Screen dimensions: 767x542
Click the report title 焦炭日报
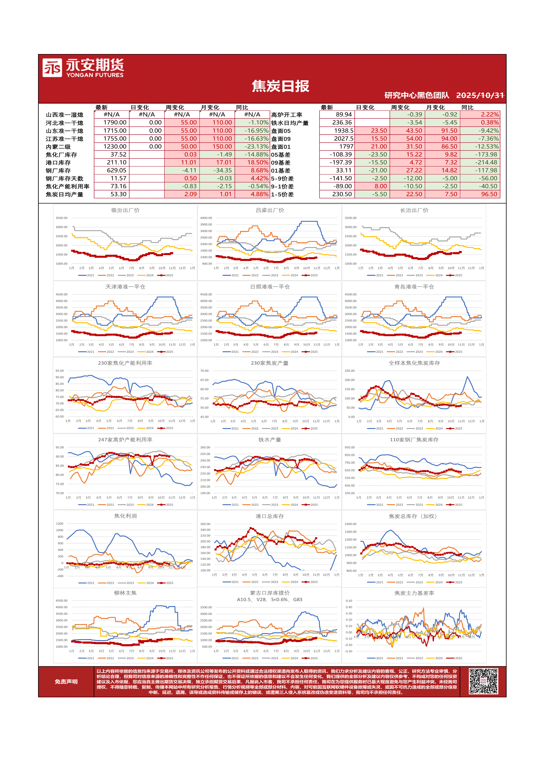click(x=280, y=86)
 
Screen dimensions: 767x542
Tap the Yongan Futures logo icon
click(x=52, y=68)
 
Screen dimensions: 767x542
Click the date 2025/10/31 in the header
click(x=479, y=96)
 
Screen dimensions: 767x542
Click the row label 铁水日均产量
click(x=289, y=123)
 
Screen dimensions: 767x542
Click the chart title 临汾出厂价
click(x=125, y=210)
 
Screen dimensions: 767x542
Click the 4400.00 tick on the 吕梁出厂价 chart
click(x=206, y=218)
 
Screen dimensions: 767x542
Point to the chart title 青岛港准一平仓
click(x=414, y=287)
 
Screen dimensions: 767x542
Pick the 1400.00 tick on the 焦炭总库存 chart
click(x=350, y=524)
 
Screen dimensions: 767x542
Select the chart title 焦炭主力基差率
click(x=414, y=593)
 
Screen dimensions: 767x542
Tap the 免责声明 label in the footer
click(x=66, y=681)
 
